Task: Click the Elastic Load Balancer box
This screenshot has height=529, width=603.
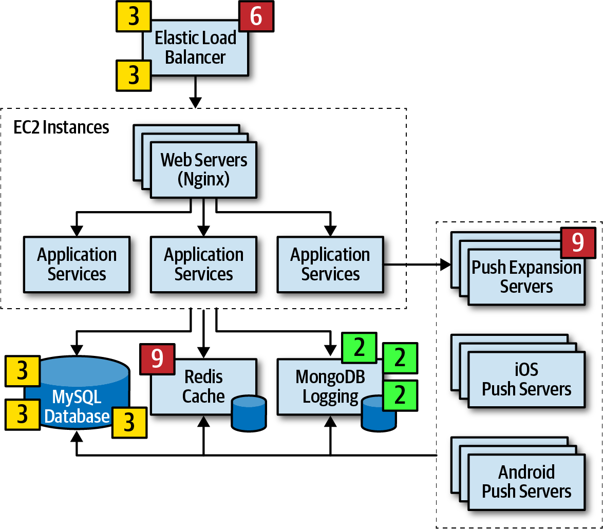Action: coord(195,48)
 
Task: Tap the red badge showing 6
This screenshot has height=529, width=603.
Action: coord(256,16)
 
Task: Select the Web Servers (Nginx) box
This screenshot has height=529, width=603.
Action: coord(203,170)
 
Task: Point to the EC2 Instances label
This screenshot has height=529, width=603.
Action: coord(61,127)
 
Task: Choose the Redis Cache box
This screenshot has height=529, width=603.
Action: coord(203,387)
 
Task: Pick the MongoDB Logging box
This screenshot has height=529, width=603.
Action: coord(330,387)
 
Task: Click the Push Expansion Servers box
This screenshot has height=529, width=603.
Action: coord(526,277)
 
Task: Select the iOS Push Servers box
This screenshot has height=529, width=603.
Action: coord(526,380)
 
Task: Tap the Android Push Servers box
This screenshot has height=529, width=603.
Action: coord(526,482)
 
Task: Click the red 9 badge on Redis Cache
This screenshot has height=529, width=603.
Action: coord(157,359)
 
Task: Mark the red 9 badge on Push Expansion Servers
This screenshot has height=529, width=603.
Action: coord(578,242)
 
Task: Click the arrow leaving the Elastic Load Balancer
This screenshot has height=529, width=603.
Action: coord(195,92)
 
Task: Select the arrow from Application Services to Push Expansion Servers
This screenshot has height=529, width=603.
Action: coord(417,264)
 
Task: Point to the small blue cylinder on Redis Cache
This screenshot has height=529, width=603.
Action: coord(249,413)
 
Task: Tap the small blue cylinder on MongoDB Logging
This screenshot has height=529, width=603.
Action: coord(379,414)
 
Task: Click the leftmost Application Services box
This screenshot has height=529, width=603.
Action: coord(77,264)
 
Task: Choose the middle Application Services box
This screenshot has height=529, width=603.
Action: coord(203,264)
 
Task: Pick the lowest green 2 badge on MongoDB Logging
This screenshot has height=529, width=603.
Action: coord(400,395)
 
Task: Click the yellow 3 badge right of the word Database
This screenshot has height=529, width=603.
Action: coord(129,423)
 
